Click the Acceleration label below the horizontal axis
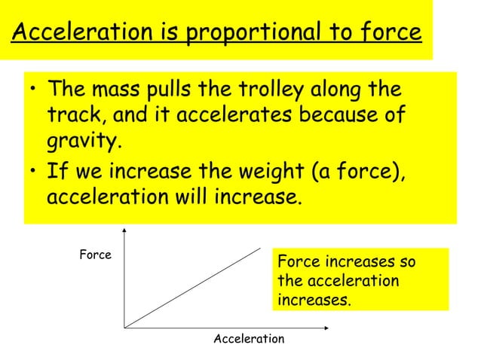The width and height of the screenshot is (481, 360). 249,340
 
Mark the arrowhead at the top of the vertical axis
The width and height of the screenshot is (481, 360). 124,230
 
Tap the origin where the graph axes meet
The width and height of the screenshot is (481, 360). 124,328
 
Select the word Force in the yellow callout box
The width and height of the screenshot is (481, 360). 296,263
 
